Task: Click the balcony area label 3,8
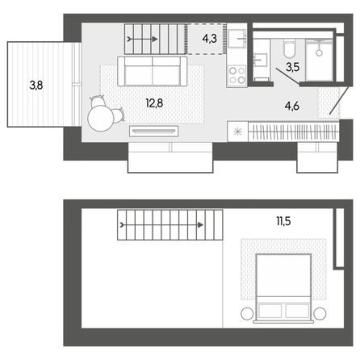pos(36,86)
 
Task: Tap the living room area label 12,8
pos(154,103)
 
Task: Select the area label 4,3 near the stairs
pos(210,39)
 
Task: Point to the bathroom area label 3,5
pos(293,67)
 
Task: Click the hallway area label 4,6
pos(292,106)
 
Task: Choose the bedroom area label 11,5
pos(283,221)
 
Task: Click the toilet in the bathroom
pos(289,48)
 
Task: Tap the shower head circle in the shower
pos(319,52)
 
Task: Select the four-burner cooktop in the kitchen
pos(237,76)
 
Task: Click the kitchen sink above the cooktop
pos(237,39)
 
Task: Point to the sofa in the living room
pos(153,71)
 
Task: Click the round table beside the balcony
pos(101,119)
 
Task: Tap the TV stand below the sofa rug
pos(153,131)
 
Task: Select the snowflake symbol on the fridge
pos(238,132)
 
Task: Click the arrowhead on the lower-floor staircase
pos(155,40)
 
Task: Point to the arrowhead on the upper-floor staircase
pos(200,225)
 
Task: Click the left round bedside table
pos(247,314)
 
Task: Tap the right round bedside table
pos(320,314)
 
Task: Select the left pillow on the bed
pos(270,311)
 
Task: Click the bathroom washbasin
pos(261,60)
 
